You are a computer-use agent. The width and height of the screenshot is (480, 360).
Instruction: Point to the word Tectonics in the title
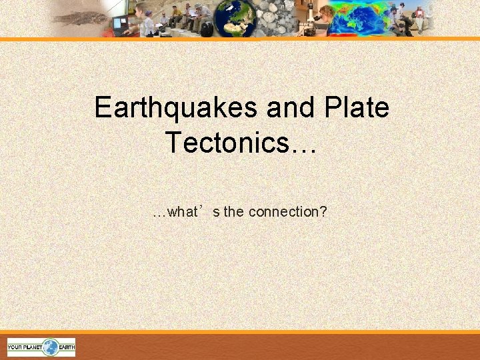[x=226, y=142]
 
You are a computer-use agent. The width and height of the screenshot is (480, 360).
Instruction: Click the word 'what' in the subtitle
[x=183, y=212]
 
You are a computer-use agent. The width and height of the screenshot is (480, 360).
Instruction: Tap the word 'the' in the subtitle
[x=234, y=212]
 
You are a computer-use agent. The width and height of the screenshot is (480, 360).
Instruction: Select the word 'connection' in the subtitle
[x=280, y=212]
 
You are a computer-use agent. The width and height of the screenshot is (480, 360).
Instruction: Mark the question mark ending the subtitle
[x=323, y=212]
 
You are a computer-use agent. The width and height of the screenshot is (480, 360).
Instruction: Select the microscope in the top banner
[x=307, y=19]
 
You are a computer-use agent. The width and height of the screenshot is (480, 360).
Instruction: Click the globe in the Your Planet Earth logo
[x=51, y=347]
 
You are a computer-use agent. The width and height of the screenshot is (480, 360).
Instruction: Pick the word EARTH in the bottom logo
[x=66, y=347]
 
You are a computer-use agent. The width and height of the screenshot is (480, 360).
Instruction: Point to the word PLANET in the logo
[x=34, y=347]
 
